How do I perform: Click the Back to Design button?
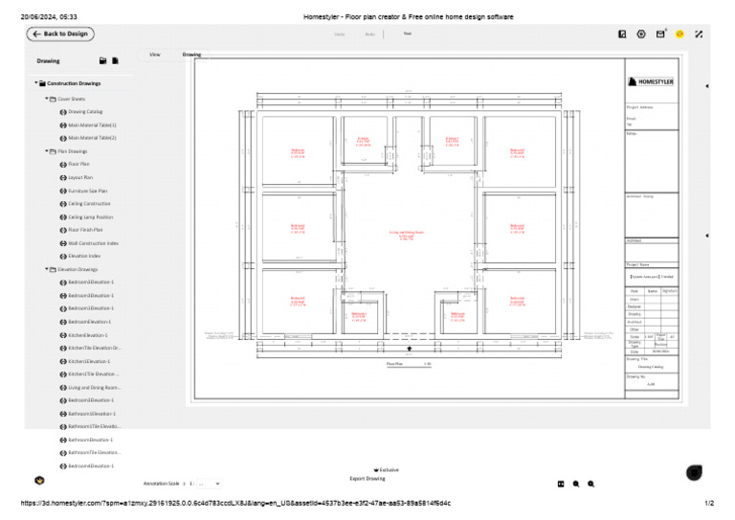click(59, 34)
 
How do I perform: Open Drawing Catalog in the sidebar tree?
click(85, 111)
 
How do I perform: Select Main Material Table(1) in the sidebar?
click(92, 124)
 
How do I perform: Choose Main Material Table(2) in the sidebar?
click(92, 137)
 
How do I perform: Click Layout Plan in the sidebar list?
click(80, 177)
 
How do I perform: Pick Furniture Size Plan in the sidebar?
click(87, 191)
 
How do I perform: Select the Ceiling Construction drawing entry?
click(89, 204)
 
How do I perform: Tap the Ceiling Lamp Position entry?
click(90, 217)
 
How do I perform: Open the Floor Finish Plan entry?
click(85, 230)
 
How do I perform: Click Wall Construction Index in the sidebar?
click(93, 243)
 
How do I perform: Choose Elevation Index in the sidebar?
click(84, 257)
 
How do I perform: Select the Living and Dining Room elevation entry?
click(93, 387)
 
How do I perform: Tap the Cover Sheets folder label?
click(71, 99)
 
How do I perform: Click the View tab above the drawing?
click(154, 55)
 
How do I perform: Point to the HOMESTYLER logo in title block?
click(652, 82)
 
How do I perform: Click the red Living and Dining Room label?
click(406, 234)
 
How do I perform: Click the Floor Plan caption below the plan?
click(395, 364)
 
